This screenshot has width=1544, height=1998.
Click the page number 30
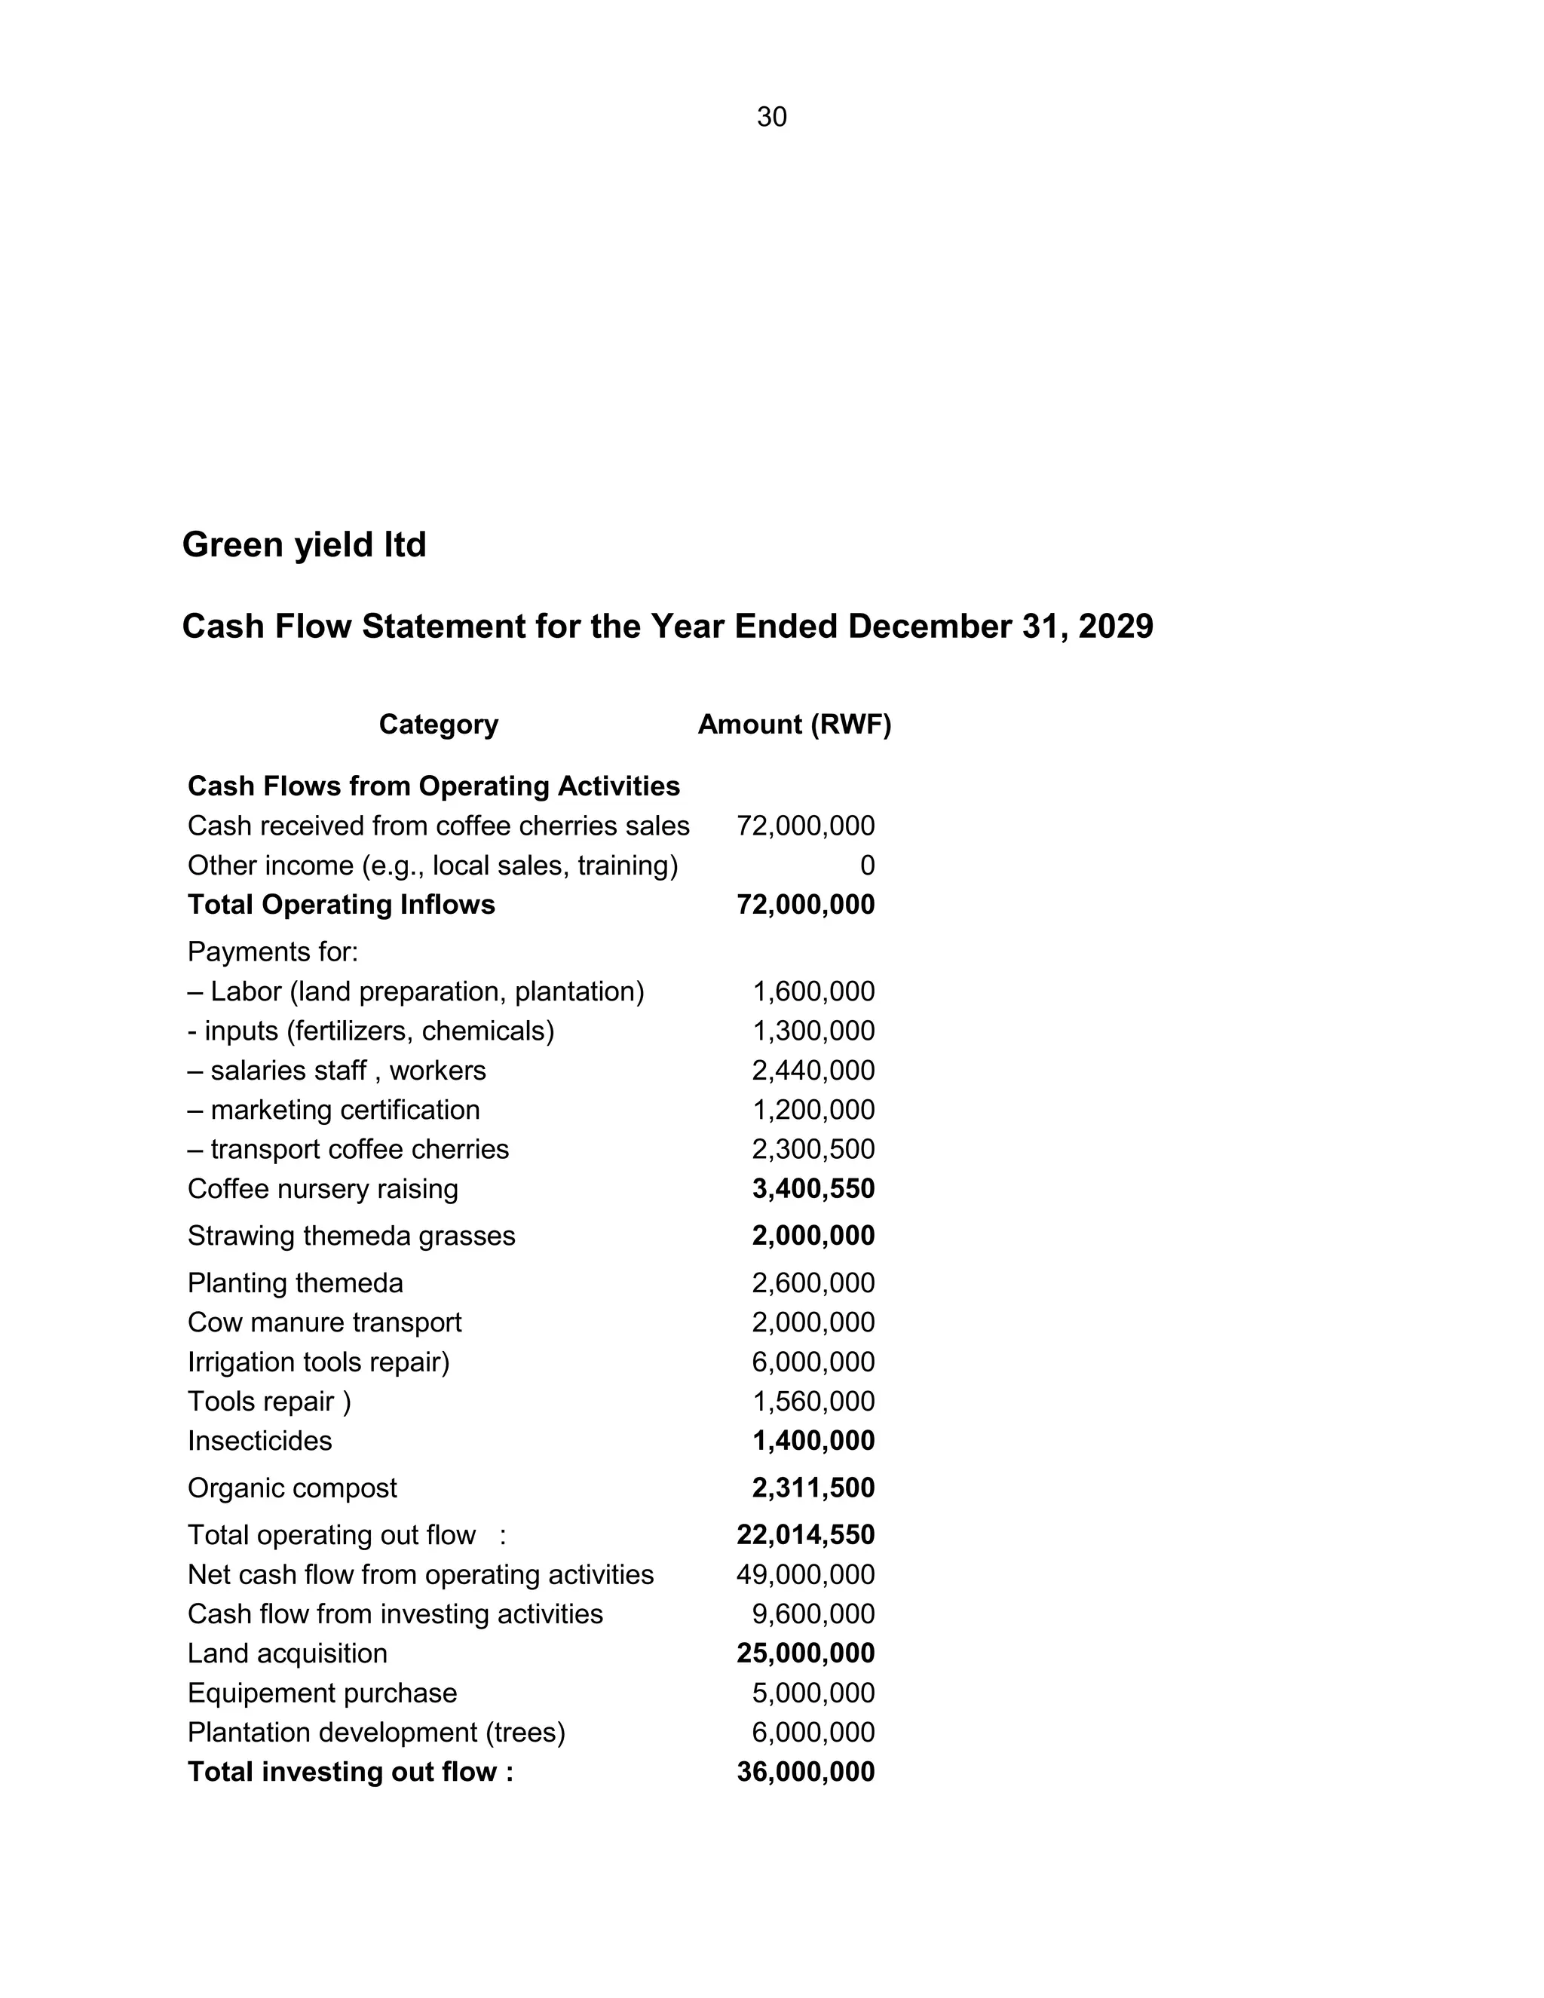tap(771, 117)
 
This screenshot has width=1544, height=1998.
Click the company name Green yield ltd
tap(304, 545)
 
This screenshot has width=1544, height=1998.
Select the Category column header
tap(438, 725)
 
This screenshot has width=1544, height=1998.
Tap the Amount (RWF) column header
tap(794, 725)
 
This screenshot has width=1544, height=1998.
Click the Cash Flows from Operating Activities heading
tap(433, 786)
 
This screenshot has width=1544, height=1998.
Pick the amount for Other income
tap(866, 866)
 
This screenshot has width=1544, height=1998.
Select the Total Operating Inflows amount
tap(805, 905)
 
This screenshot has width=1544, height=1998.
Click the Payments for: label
tap(273, 952)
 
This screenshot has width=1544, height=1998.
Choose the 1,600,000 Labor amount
tap(813, 991)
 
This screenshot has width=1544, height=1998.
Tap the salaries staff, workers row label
tap(336, 1071)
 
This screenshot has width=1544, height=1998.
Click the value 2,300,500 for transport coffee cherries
tap(813, 1149)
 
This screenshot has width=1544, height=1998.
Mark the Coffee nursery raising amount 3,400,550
tap(813, 1189)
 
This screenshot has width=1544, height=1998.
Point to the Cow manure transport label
tap(325, 1323)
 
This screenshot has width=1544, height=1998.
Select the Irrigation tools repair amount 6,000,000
tap(813, 1362)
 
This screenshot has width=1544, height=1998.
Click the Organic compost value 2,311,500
tap(813, 1488)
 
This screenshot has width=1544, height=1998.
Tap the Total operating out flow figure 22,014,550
tap(805, 1535)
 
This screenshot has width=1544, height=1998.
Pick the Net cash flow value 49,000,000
tap(805, 1574)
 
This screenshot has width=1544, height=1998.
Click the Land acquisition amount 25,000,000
tap(805, 1653)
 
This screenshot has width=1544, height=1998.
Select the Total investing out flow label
tap(351, 1772)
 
